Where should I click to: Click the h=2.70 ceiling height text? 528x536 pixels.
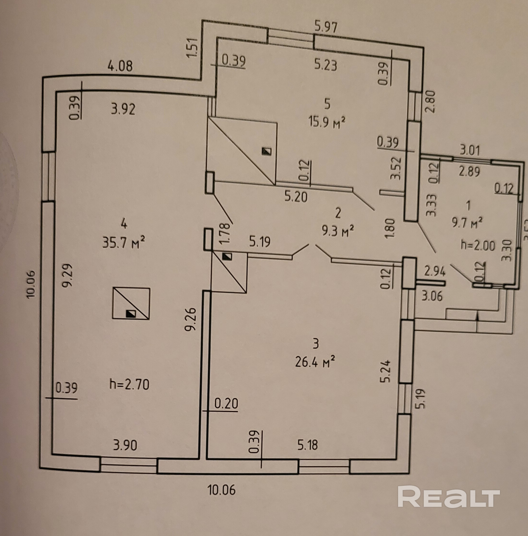(130, 385)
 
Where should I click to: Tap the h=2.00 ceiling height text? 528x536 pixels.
(477, 245)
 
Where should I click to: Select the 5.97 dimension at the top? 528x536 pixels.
(326, 27)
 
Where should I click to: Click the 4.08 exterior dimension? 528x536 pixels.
(120, 66)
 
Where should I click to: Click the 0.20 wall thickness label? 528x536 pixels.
(226, 403)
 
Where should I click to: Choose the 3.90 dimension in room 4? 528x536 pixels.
(125, 445)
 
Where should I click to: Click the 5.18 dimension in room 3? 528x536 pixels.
(307, 445)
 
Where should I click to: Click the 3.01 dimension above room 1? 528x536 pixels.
(469, 150)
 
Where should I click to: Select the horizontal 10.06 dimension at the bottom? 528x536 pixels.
(221, 490)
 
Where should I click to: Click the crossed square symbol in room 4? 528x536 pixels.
(131, 304)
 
